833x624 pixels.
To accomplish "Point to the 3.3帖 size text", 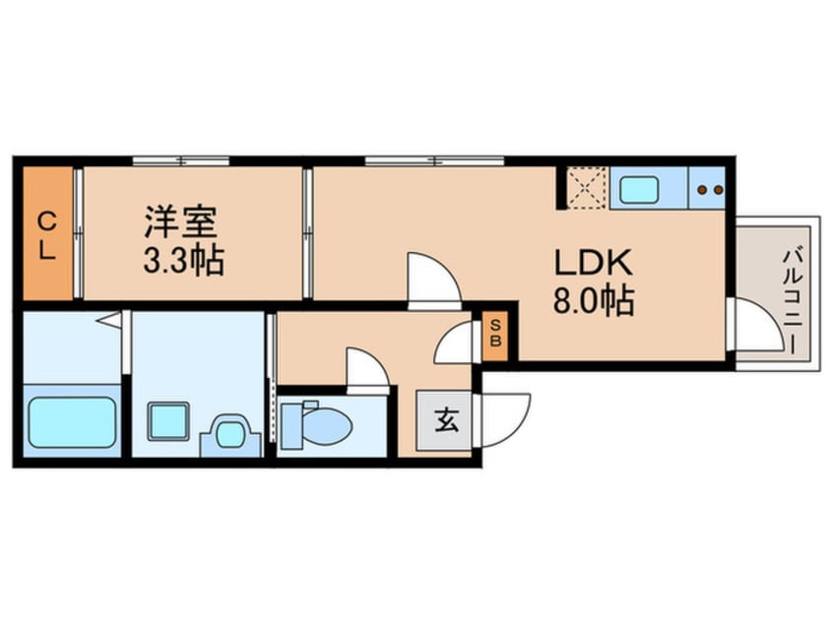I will pyautogui.click(x=184, y=260).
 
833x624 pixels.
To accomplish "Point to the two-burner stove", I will pyautogui.click(x=710, y=188).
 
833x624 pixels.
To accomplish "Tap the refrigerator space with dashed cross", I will pyautogui.click(x=587, y=187).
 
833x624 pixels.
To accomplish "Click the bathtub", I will pyautogui.click(x=72, y=422).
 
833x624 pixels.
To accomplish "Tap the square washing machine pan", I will pyautogui.click(x=167, y=422).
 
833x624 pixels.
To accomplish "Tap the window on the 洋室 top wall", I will pyautogui.click(x=181, y=160).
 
